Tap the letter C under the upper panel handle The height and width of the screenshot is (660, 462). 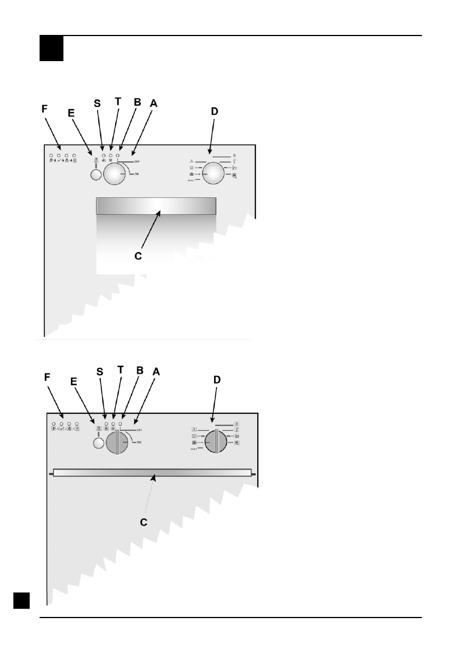click(137, 256)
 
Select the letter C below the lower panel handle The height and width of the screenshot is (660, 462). click(143, 522)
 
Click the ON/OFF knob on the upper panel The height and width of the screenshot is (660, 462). click(114, 173)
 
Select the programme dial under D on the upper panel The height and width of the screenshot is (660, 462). click(213, 173)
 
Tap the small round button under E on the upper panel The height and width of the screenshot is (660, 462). click(95, 175)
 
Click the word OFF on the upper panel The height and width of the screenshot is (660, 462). click(137, 161)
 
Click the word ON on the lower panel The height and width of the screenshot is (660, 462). click(139, 443)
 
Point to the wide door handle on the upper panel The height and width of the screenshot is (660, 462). click(156, 206)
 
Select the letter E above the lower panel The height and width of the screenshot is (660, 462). click(74, 381)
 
